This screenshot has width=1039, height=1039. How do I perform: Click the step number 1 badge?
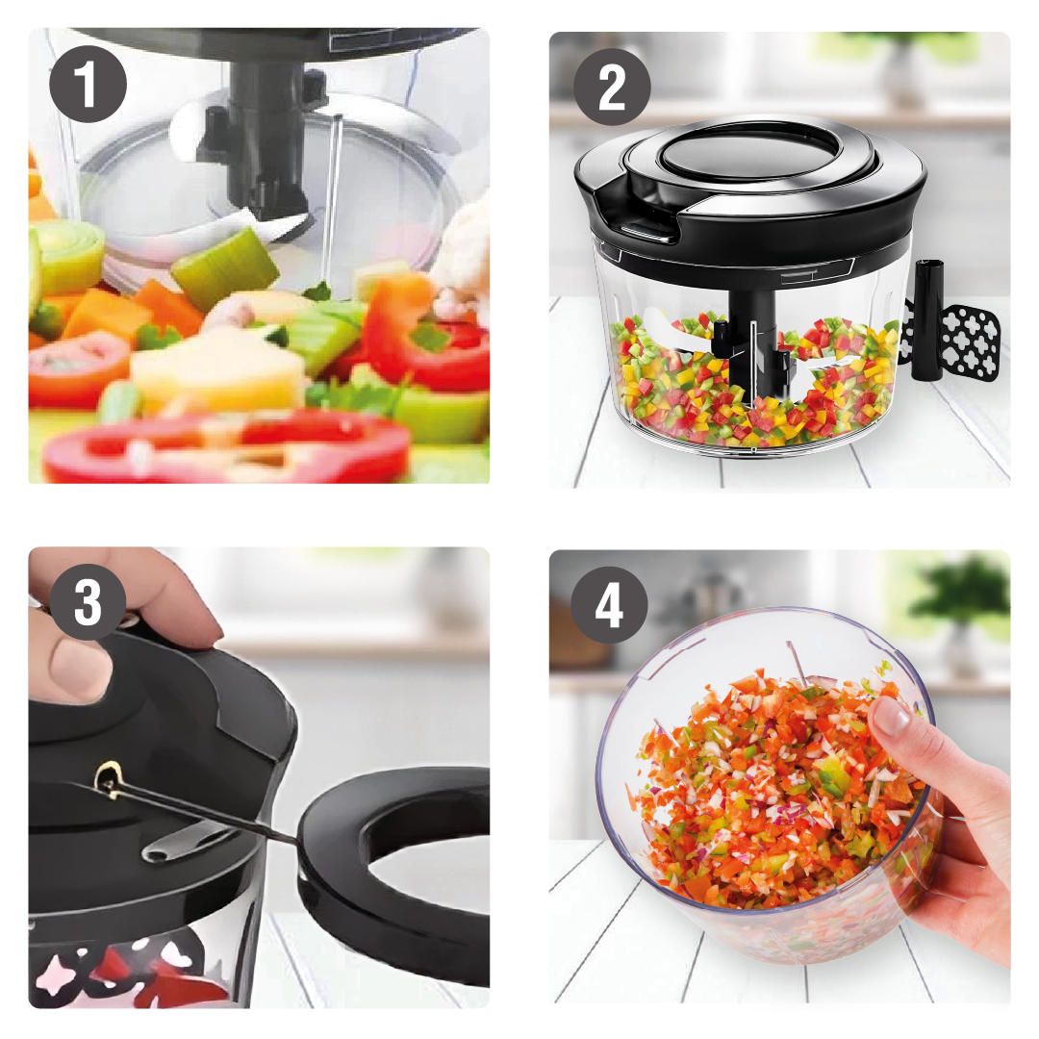[x=88, y=85]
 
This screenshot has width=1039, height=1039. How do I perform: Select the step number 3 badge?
[x=88, y=603]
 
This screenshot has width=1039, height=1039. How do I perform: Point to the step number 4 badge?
[x=609, y=607]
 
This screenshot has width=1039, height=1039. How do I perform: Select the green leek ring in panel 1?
[x=68, y=254]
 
